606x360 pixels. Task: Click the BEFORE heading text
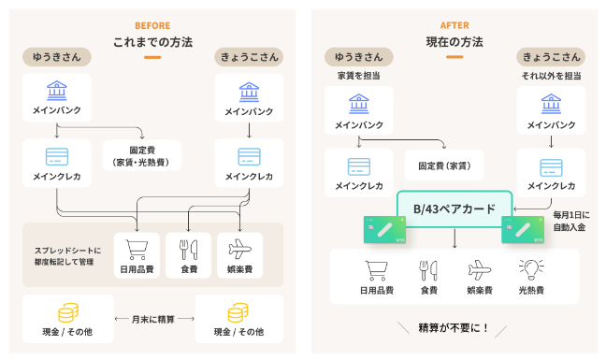[152, 25]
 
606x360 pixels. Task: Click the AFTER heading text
[454, 25]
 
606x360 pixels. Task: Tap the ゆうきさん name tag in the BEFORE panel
[55, 57]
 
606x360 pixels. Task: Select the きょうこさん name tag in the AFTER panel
[549, 57]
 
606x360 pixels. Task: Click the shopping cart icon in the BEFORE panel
[137, 246]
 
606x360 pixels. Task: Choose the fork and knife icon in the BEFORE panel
[188, 246]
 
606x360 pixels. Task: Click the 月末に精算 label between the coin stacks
[152, 319]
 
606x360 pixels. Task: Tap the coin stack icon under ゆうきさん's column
[68, 312]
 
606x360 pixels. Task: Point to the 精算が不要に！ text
[454, 328]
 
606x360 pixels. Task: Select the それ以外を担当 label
[549, 76]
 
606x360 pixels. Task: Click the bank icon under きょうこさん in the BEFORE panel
[249, 93]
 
